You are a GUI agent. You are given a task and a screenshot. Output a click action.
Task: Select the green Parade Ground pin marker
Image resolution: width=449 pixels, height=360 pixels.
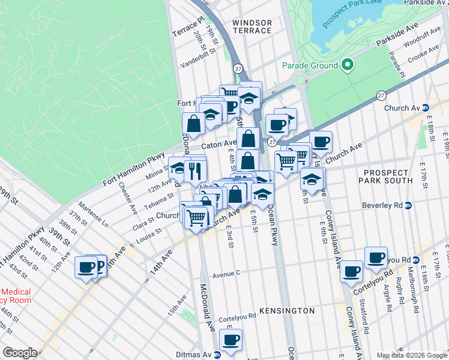pyautogui.click(x=347, y=65)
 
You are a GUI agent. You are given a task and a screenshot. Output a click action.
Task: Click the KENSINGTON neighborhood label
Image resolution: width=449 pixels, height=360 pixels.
pyautogui.click(x=286, y=311)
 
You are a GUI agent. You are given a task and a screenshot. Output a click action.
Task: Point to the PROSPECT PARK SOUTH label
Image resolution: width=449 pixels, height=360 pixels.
pyautogui.click(x=388, y=176)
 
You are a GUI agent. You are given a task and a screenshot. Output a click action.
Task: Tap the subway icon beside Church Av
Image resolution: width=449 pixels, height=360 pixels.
pyautogui.click(x=425, y=108)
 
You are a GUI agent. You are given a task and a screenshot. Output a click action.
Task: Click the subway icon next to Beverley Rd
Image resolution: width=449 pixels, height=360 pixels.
pyautogui.click(x=408, y=205)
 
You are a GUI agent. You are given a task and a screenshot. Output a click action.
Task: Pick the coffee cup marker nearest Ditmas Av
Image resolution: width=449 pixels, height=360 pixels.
pyautogui.click(x=231, y=340)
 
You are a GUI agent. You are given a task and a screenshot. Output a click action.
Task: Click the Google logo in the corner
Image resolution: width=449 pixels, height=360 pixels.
pyautogui.click(x=20, y=353)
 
